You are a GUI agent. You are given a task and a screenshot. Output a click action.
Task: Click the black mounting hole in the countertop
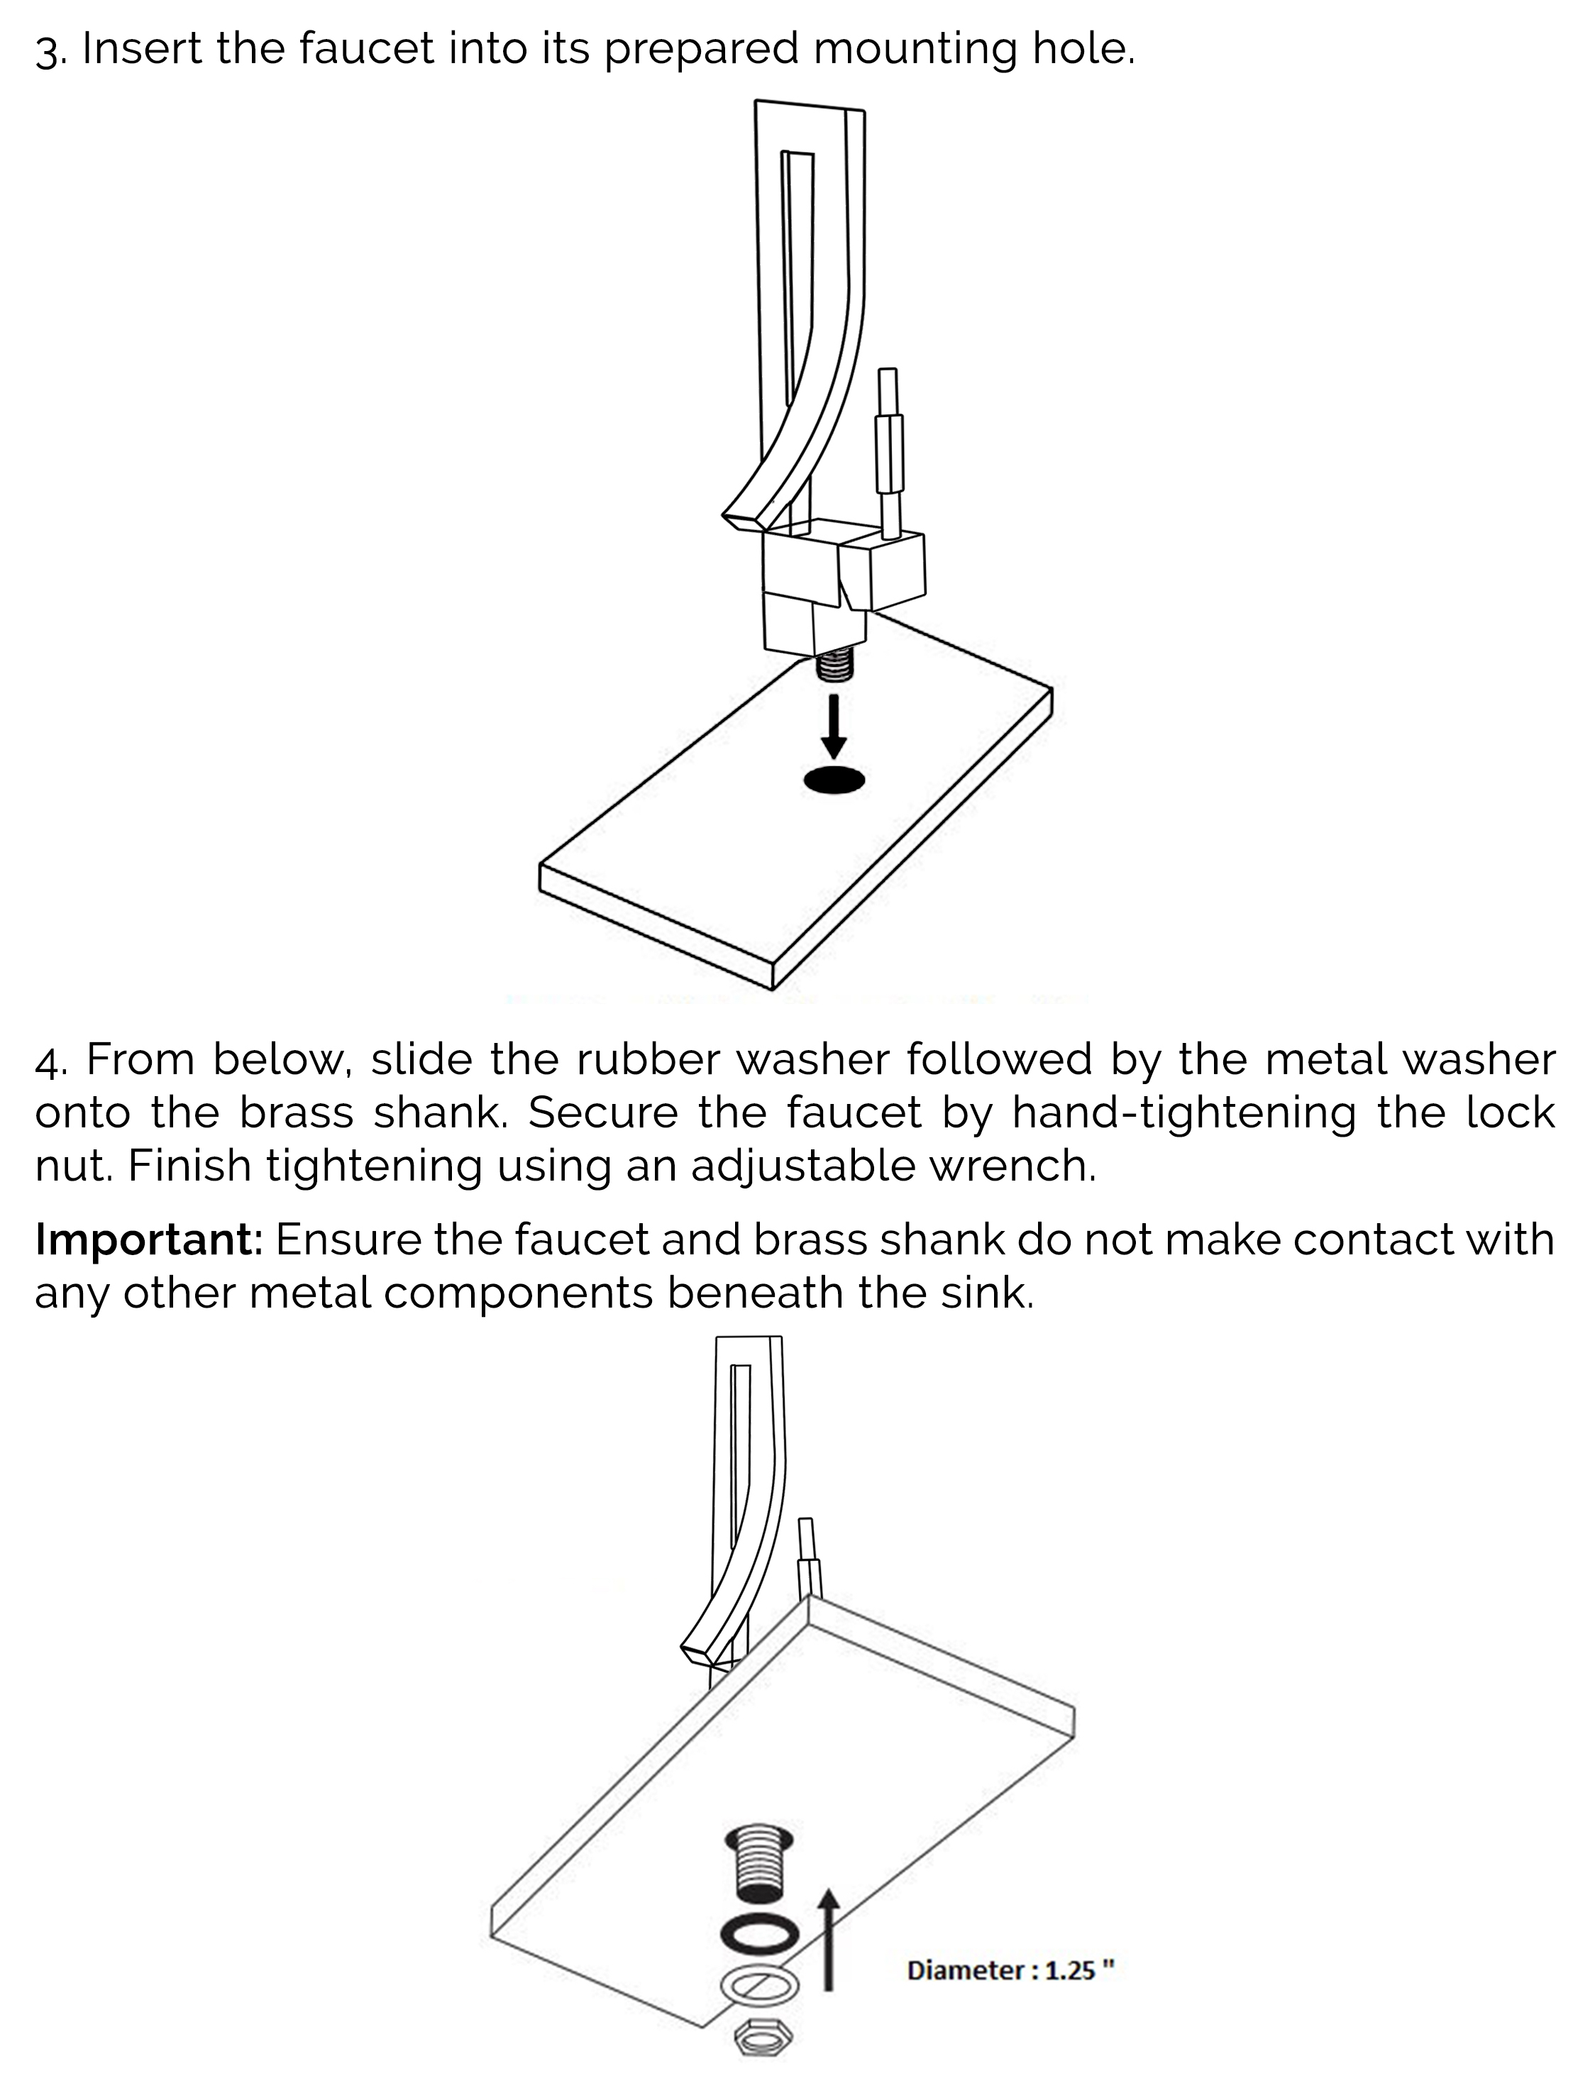point(834,780)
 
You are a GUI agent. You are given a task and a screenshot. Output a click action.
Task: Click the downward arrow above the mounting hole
point(834,729)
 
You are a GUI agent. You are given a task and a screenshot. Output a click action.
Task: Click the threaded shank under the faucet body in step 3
point(836,666)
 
